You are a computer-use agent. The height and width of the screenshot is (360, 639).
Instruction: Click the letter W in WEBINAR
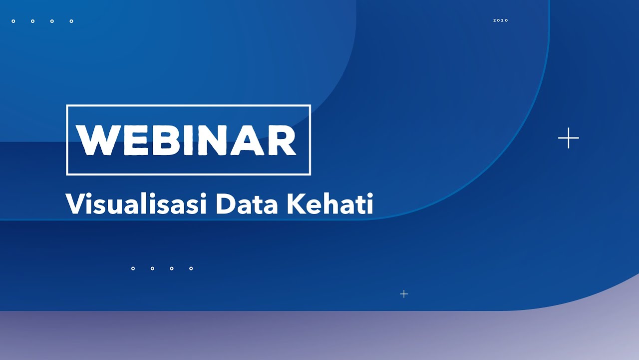point(97,140)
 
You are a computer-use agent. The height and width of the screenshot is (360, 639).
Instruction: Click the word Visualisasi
point(136,204)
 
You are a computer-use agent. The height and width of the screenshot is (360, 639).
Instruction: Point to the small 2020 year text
point(501,20)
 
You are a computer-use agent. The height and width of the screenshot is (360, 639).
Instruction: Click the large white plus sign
point(569,138)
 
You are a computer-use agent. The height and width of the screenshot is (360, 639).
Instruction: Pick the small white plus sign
point(404,294)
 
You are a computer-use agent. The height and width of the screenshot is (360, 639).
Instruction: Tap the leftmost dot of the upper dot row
point(13,21)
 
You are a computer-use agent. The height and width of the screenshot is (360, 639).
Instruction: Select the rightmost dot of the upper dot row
point(71,21)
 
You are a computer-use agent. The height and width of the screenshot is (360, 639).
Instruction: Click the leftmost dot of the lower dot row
point(133,268)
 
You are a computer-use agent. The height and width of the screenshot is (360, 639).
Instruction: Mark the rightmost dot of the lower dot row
point(191,268)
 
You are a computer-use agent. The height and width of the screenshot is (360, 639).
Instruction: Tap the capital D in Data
point(225,204)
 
